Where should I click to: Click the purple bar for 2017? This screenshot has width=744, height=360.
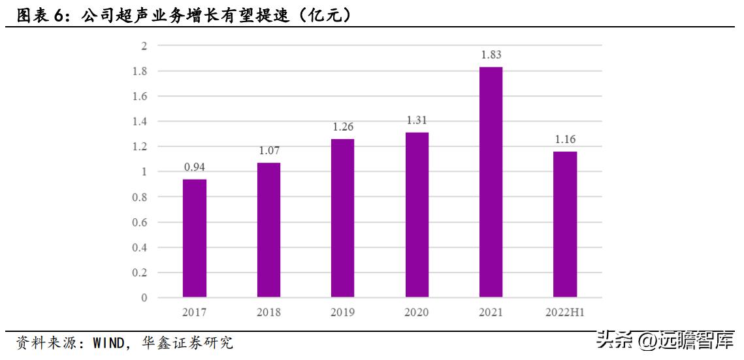click(195, 238)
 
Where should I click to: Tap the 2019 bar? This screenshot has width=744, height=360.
click(343, 218)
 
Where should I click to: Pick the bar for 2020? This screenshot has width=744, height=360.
click(417, 215)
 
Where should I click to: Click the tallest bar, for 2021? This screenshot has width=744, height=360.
click(491, 182)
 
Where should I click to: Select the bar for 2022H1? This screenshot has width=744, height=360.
click(565, 225)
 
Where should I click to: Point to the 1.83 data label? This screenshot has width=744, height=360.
click(491, 55)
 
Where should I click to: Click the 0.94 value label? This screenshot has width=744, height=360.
click(195, 167)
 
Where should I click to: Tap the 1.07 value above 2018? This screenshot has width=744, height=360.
click(268, 151)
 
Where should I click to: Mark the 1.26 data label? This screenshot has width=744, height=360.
click(343, 127)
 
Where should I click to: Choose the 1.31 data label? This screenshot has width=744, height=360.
click(417, 120)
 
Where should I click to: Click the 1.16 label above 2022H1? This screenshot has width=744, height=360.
click(565, 139)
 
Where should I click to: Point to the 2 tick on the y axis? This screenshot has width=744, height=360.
click(144, 46)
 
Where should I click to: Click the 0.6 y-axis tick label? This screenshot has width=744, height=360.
click(140, 222)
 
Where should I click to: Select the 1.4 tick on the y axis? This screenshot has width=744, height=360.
click(140, 122)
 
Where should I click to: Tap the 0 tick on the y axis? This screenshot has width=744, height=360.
click(144, 298)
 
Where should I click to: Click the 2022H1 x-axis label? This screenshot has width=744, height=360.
click(565, 312)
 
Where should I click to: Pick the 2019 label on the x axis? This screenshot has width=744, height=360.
click(343, 312)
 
